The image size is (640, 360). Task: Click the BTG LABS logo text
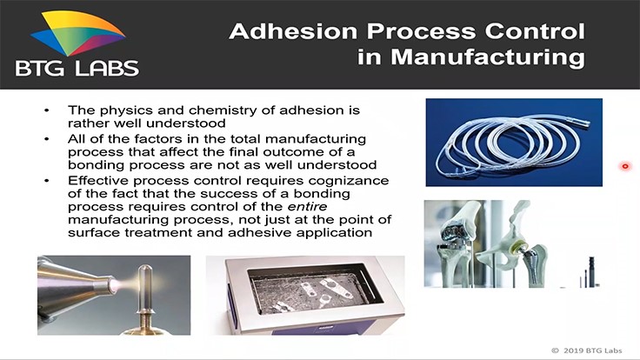point(77,67)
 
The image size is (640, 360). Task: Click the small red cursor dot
point(625,166)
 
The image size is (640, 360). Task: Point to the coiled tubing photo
point(490,142)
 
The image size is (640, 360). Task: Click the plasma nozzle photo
point(114,295)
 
